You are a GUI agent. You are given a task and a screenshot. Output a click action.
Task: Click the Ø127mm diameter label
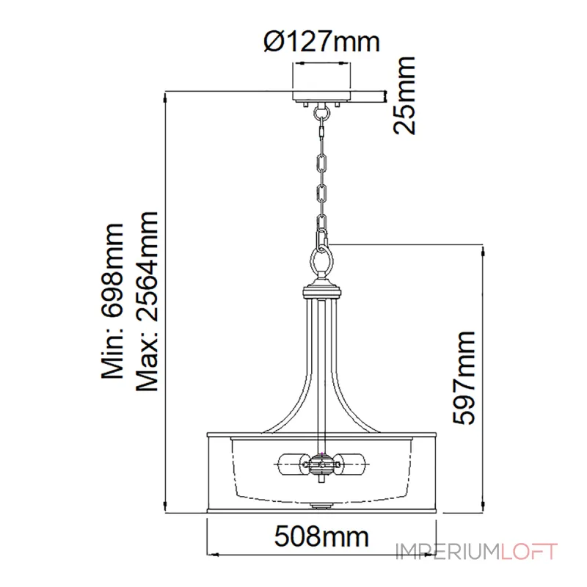click(322, 42)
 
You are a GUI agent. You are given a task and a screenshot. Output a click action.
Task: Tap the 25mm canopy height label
click(404, 95)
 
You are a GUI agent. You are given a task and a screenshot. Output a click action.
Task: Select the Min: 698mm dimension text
click(112, 301)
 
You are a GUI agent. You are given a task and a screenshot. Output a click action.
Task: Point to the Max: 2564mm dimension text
click(147, 302)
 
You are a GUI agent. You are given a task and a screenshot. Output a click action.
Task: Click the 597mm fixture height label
click(464, 378)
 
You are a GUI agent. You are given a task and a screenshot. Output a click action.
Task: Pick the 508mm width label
click(321, 536)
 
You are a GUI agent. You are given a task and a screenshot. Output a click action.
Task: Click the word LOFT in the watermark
click(529, 552)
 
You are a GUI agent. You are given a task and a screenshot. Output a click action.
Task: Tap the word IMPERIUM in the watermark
click(448, 552)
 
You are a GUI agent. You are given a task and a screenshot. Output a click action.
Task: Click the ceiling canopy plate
click(321, 96)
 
